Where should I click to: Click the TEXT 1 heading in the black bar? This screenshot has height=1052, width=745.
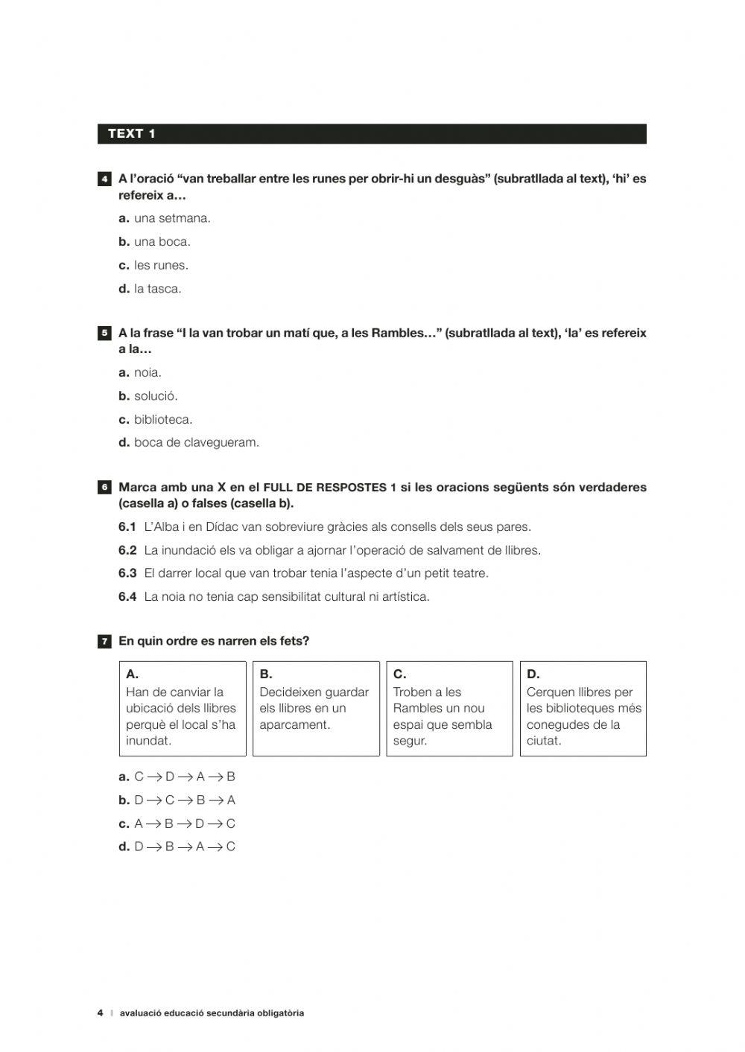coord(132,134)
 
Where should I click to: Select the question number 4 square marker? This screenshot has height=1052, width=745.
coord(105,179)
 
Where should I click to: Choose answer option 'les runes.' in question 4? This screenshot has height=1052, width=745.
coord(161,265)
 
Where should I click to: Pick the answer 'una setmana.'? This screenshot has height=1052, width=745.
coord(172,218)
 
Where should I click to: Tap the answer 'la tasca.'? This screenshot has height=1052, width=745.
coord(157,289)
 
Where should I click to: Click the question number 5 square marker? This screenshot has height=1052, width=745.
coord(105,334)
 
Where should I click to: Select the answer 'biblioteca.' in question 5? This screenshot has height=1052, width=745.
coord(163,419)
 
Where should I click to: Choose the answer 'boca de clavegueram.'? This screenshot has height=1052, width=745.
coord(197,442)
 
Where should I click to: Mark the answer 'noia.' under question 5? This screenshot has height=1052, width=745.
coord(148,372)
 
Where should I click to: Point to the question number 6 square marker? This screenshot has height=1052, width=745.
coord(105,488)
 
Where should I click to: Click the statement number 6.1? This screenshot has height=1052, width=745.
coord(127,527)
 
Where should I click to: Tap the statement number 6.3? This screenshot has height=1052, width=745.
coord(127,573)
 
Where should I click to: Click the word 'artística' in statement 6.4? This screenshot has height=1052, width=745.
coord(402,596)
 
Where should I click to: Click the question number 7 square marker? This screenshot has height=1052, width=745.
coord(105,641)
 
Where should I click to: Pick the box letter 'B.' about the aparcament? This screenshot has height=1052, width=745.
coord(266,675)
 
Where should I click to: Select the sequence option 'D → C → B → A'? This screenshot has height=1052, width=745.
coord(185,800)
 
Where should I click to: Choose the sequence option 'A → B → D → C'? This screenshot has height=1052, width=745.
coord(185,823)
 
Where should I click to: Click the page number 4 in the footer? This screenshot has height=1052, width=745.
coord(100,1013)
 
